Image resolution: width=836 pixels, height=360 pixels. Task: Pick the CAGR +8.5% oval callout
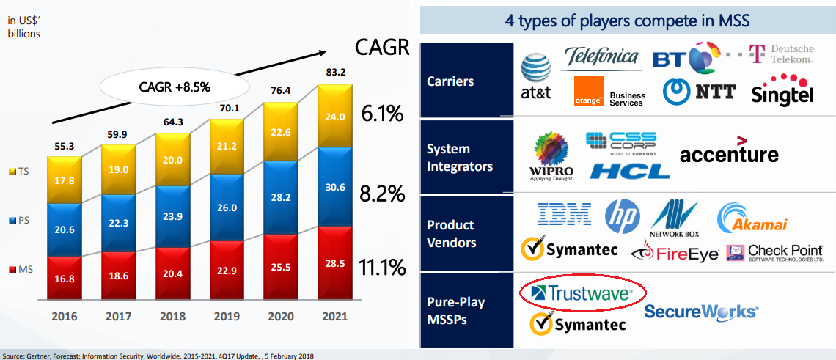point(175,87)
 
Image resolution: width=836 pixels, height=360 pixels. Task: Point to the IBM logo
point(564,214)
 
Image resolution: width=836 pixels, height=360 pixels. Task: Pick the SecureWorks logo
point(700,312)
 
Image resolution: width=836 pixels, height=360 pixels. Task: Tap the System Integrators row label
point(460,158)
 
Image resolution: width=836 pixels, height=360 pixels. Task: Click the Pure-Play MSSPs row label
point(456,311)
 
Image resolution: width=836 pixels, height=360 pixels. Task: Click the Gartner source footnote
point(158,356)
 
